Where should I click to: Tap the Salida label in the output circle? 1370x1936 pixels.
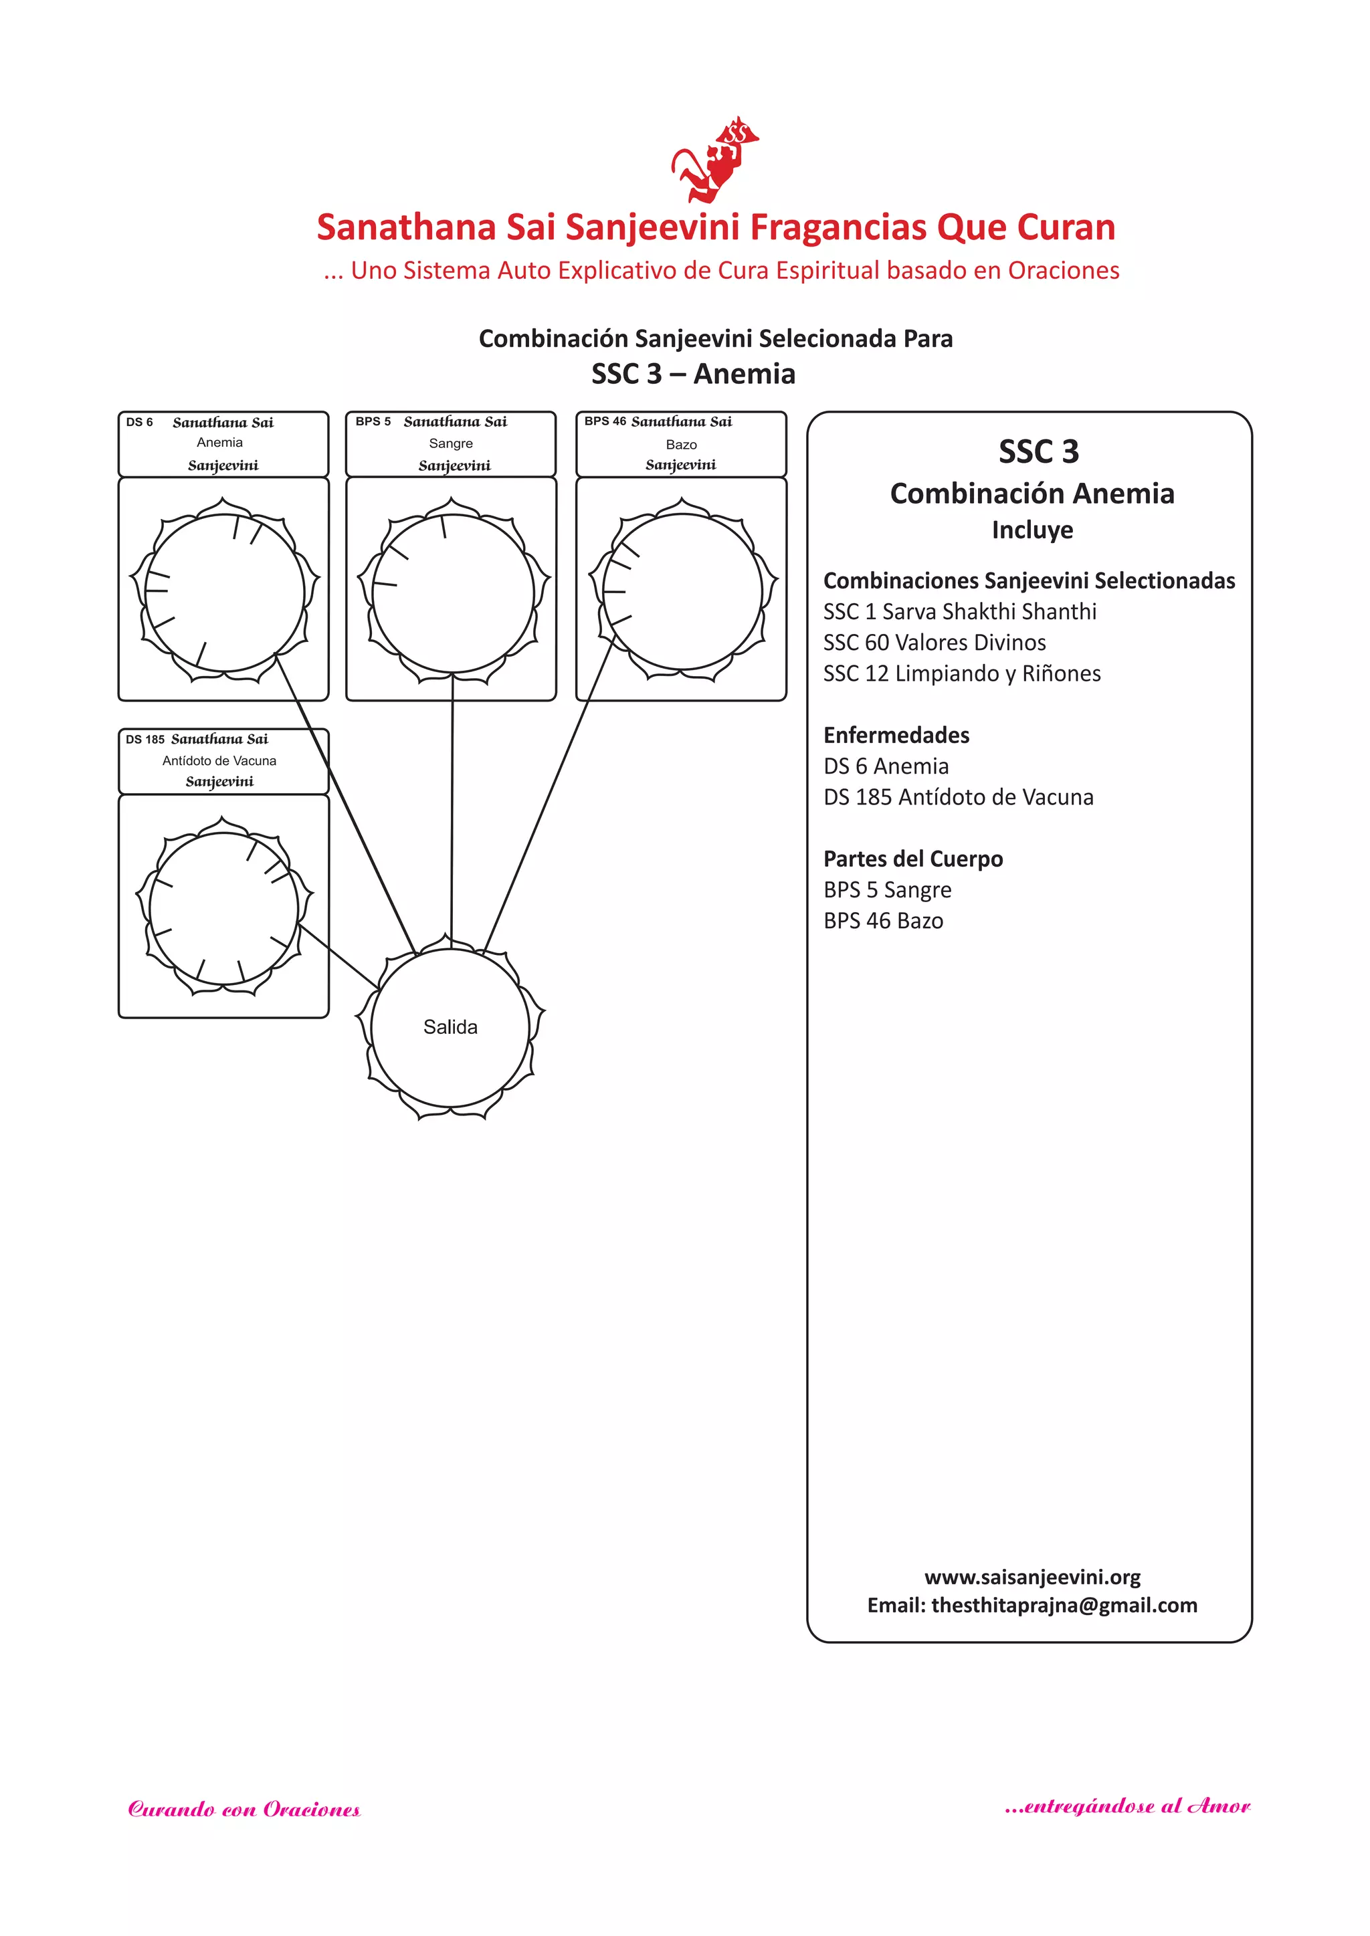point(450,1027)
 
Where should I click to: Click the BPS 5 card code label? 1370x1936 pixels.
point(373,421)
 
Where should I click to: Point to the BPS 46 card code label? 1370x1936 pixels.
point(605,421)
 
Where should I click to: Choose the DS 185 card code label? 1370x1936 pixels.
point(145,740)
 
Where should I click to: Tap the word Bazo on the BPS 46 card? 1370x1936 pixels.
point(681,444)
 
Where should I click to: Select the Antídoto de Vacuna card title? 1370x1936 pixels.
point(219,760)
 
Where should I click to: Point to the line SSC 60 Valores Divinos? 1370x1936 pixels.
point(934,643)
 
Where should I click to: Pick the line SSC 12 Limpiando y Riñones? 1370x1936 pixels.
point(962,673)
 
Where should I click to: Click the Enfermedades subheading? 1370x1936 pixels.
point(896,735)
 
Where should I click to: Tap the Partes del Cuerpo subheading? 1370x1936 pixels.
point(912,859)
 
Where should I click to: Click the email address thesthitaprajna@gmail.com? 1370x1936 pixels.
point(1064,1606)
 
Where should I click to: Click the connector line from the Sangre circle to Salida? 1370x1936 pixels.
point(452,809)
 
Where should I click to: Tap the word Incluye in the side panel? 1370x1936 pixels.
point(1032,530)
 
